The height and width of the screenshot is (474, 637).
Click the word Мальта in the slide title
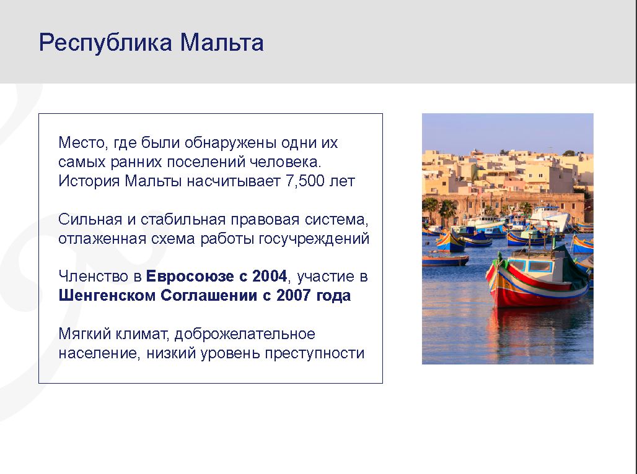(x=222, y=42)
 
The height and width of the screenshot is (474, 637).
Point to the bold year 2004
(x=270, y=276)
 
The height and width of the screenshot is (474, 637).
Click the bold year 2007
(x=294, y=295)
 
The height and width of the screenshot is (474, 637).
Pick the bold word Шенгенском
(x=107, y=295)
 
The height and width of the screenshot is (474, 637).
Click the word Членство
(x=94, y=277)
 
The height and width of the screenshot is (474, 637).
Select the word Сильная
(x=90, y=220)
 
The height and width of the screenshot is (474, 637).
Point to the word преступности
(x=314, y=353)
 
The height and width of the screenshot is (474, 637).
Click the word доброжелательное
(x=245, y=334)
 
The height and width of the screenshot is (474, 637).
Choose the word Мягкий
(x=84, y=334)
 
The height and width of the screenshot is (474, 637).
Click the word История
(x=89, y=181)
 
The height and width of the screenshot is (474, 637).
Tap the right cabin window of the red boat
(x=540, y=266)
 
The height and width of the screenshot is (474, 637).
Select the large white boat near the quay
(x=550, y=218)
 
